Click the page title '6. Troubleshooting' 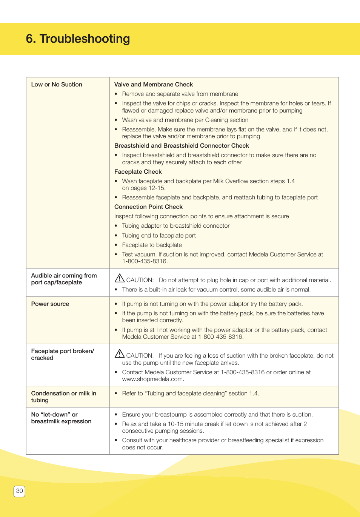tap(78, 39)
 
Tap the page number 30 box tap(19, 491)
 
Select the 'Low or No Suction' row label tap(57, 85)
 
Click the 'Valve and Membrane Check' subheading tap(153, 85)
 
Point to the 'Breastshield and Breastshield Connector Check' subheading tap(182, 146)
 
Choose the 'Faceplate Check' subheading tap(138, 172)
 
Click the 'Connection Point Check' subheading tap(148, 207)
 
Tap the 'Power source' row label tap(50, 304)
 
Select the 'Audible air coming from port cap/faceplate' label tap(64, 279)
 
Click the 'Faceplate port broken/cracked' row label tap(62, 355)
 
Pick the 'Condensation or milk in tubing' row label tap(63, 397)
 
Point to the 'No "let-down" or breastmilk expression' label tap(61, 418)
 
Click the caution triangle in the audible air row tap(120, 278)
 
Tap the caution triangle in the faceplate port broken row tap(120, 354)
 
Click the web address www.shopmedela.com tap(152, 379)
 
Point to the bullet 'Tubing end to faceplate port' tap(159, 236)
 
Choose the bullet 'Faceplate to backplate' tap(152, 245)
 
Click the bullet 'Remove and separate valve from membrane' tap(180, 94)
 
